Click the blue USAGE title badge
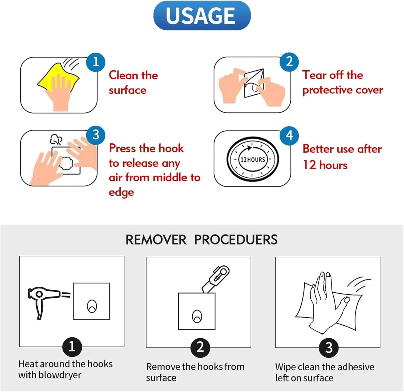(202, 15)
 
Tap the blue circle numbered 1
(96, 62)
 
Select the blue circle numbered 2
(289, 62)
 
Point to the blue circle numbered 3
(96, 135)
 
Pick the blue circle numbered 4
(289, 135)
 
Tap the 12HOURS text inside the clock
(253, 159)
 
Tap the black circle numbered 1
(72, 346)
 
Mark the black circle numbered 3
(329, 348)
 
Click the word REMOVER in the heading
(156, 240)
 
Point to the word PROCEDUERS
(236, 240)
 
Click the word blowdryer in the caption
(60, 375)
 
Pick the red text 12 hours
(325, 165)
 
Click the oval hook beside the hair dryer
(92, 306)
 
